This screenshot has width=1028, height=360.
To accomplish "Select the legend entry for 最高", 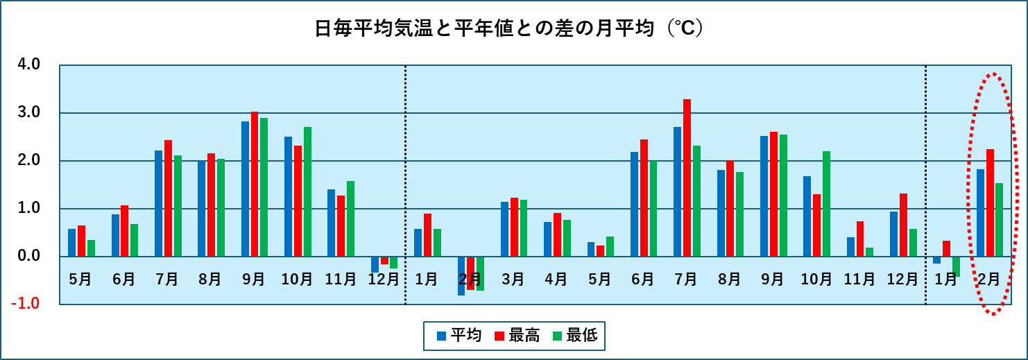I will tap(516, 336).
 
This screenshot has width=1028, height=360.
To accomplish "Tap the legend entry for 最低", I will tap(574, 336).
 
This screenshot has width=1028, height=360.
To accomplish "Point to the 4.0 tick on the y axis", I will tap(31, 65).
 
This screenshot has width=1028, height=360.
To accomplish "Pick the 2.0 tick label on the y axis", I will tap(31, 161).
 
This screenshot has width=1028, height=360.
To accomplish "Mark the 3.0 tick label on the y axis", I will tap(31, 112).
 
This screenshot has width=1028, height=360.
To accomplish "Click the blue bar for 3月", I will tap(505, 230).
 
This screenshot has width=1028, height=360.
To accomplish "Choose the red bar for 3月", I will tap(514, 228).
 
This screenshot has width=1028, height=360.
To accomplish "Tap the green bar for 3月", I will tap(524, 228).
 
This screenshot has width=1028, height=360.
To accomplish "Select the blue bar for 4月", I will tap(548, 239).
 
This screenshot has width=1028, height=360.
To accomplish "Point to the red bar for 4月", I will tap(558, 235).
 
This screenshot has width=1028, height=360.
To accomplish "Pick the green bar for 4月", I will tap(567, 239).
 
